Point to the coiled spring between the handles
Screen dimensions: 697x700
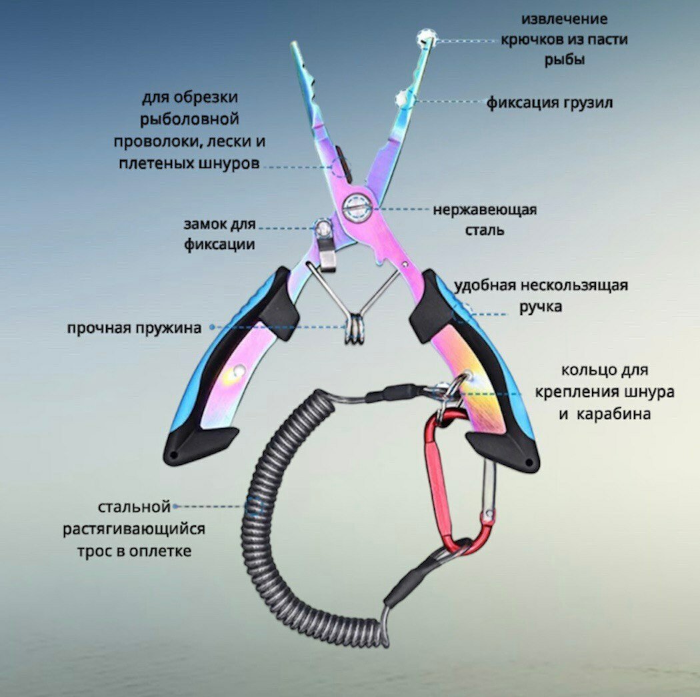(x=353, y=329)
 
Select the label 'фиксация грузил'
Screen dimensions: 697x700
(x=549, y=103)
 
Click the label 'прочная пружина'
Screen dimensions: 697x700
(x=133, y=328)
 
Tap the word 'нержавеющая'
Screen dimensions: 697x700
(x=485, y=210)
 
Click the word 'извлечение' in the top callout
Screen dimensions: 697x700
(x=564, y=19)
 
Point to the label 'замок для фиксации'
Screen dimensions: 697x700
(x=220, y=233)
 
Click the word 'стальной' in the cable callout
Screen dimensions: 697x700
(x=135, y=508)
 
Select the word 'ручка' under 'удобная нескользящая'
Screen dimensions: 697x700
(x=541, y=307)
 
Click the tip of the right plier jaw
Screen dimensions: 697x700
(x=431, y=40)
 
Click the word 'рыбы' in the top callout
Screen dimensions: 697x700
(x=563, y=59)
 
